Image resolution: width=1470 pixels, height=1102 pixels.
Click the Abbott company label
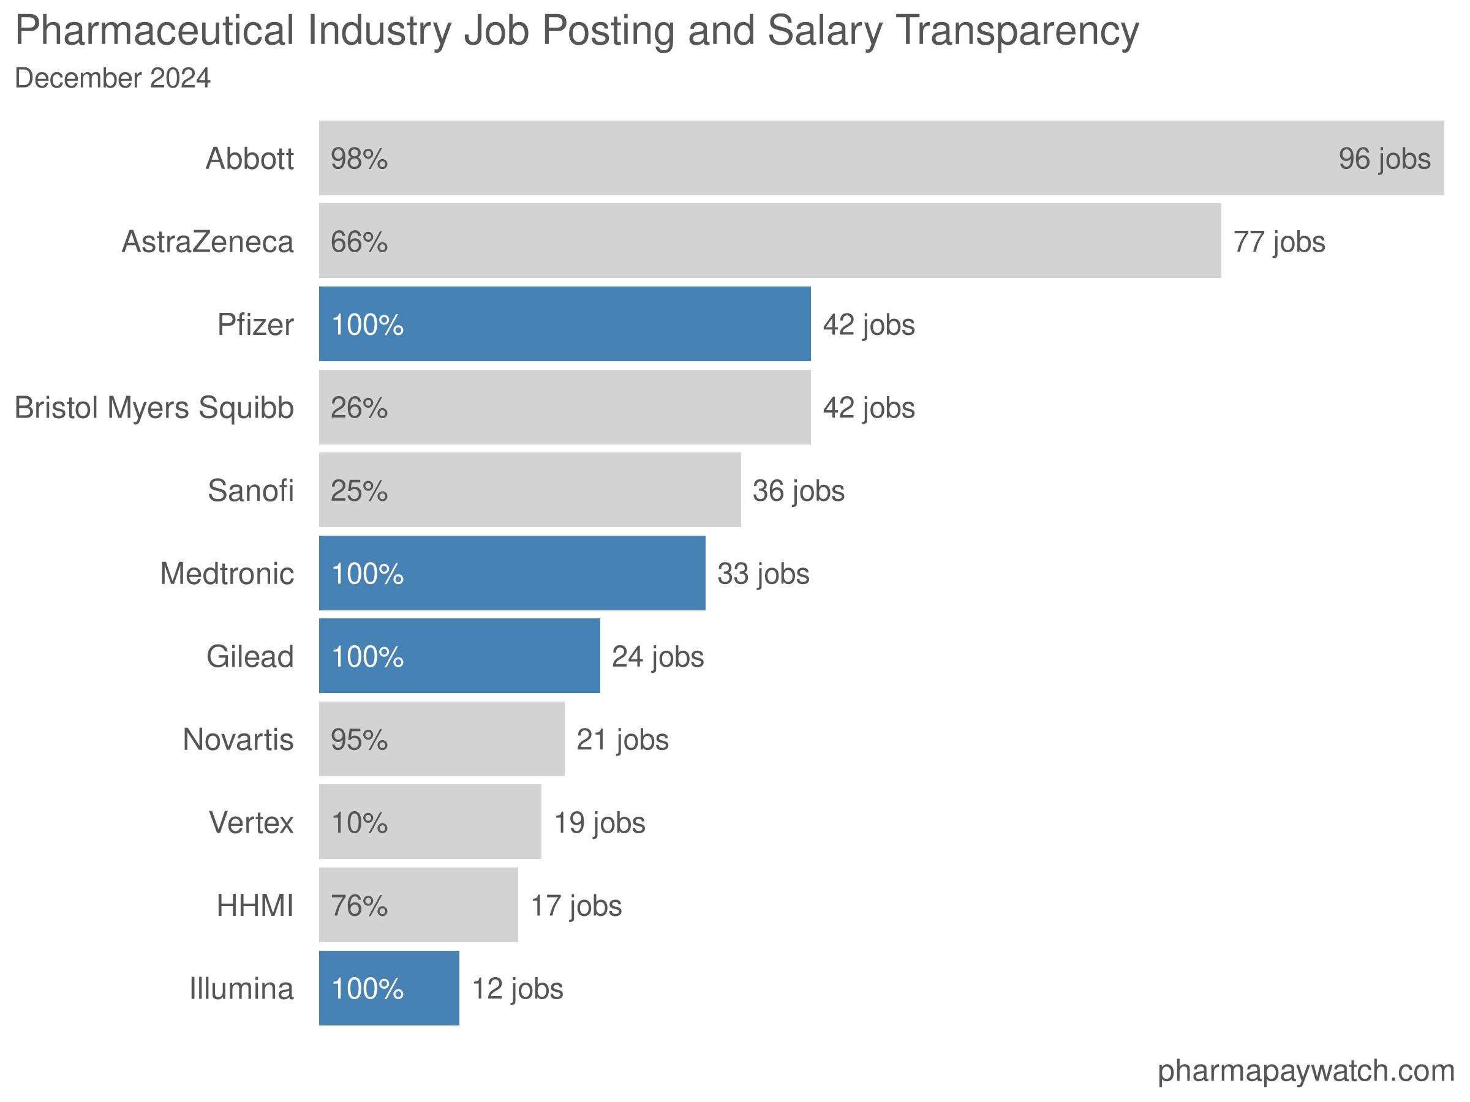(x=249, y=159)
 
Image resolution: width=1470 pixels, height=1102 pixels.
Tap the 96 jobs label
(x=1384, y=159)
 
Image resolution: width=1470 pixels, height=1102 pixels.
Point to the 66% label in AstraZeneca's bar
(x=359, y=242)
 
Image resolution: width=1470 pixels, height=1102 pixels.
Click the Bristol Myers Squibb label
(x=154, y=407)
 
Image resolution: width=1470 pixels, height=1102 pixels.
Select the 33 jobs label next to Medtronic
(x=763, y=573)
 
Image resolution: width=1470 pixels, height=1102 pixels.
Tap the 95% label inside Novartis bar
(x=359, y=740)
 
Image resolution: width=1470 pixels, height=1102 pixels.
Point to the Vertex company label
(x=251, y=822)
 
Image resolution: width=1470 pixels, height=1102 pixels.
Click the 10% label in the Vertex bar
(x=359, y=822)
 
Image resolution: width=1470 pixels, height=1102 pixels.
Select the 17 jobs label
(x=576, y=905)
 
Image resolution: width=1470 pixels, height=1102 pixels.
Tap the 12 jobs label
(x=517, y=988)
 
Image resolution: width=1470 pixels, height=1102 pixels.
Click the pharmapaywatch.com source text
(x=1305, y=1071)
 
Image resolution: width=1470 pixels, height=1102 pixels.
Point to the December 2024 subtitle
(x=112, y=78)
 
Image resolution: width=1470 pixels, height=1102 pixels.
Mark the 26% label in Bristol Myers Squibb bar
(x=359, y=407)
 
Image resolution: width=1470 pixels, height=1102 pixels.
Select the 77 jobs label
(x=1279, y=242)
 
